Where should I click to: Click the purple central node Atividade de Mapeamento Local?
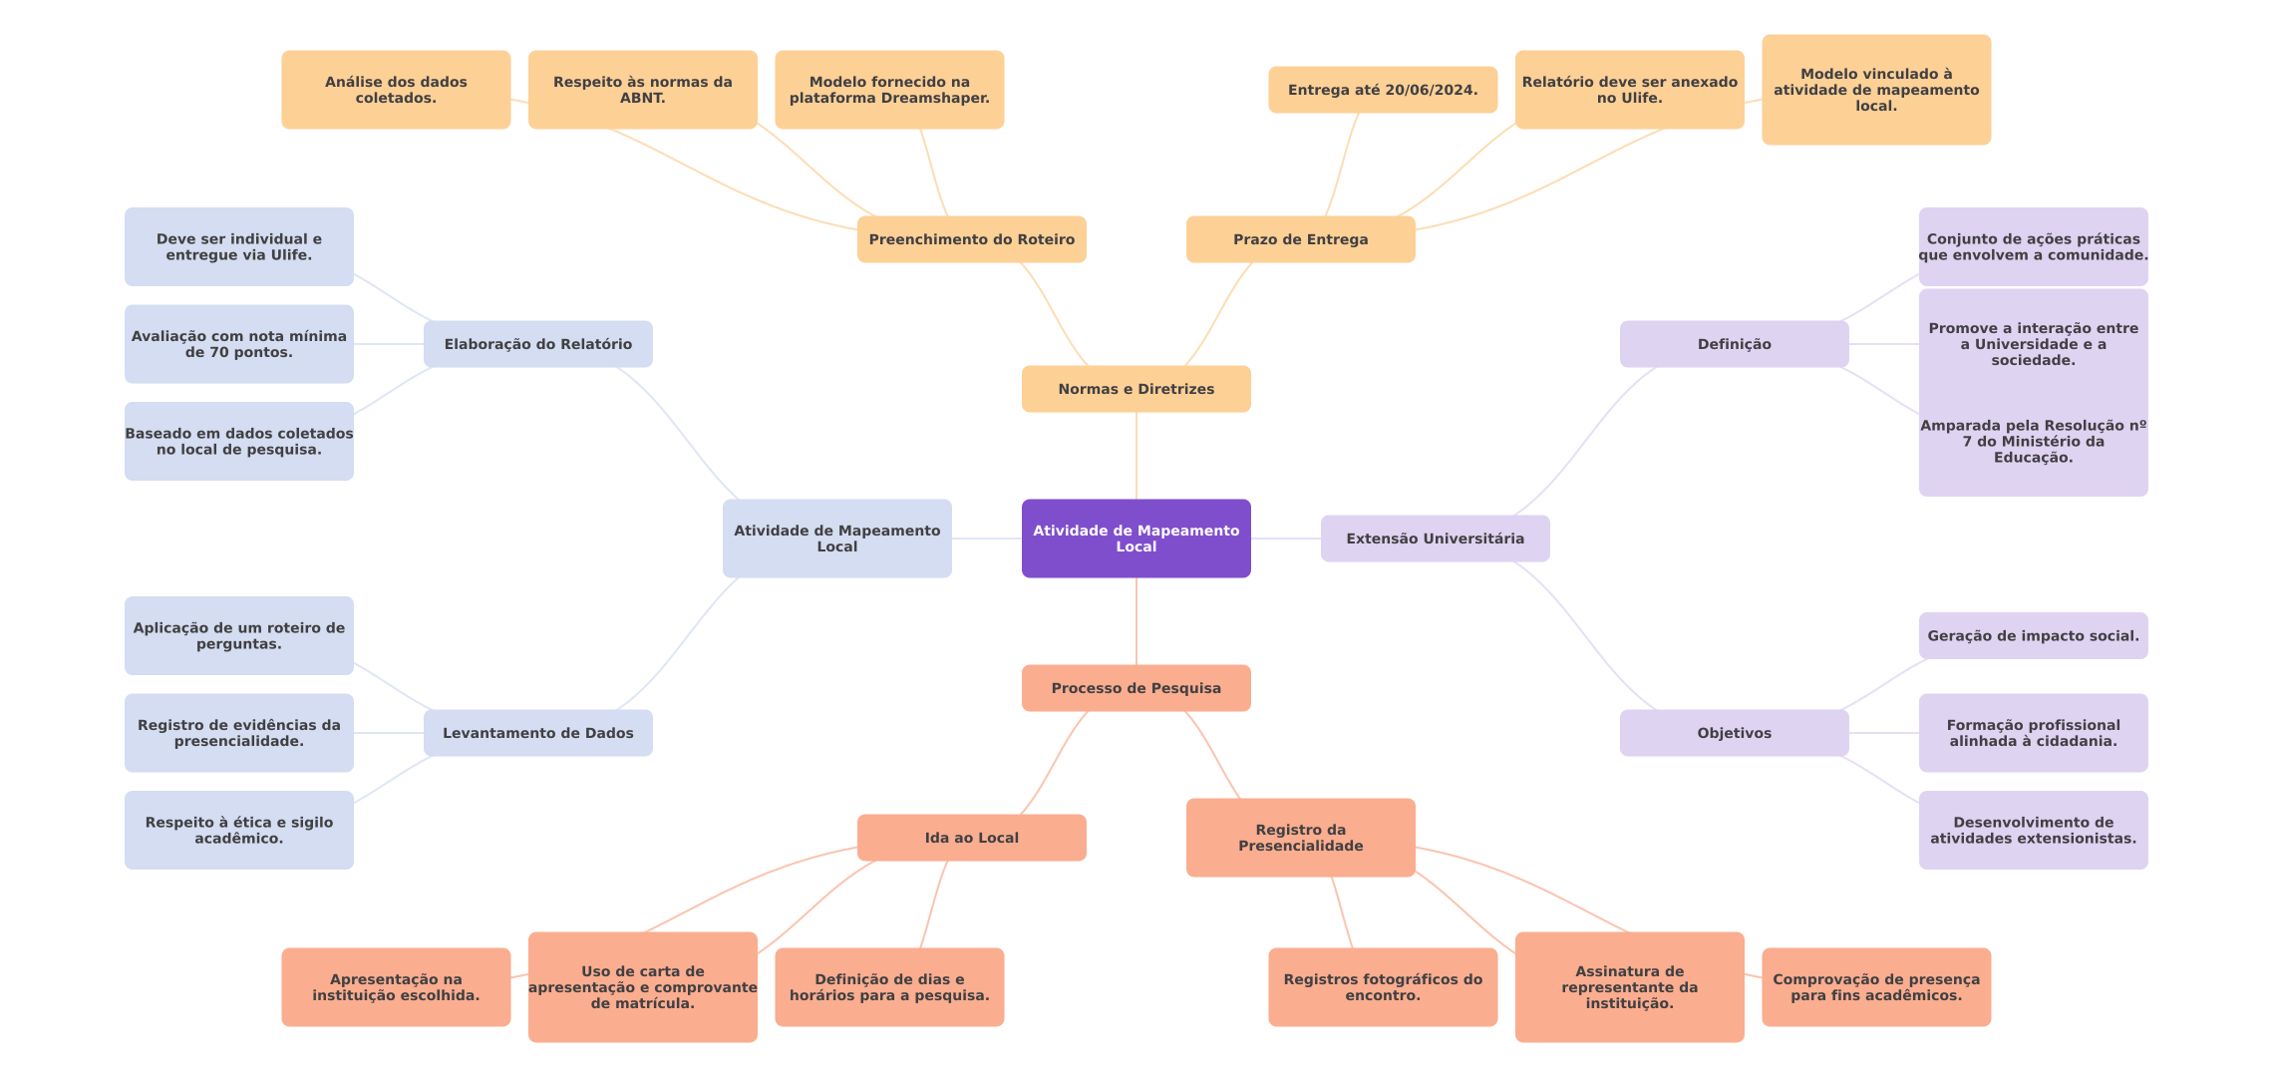(1136, 538)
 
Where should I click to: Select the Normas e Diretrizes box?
(1136, 389)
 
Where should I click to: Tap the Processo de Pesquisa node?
(1136, 688)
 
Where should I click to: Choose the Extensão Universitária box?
(1435, 538)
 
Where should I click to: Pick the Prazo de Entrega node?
(1300, 239)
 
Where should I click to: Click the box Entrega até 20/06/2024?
(1382, 90)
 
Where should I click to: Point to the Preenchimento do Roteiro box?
(971, 239)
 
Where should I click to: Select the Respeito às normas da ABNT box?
(642, 90)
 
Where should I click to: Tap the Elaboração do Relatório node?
(537, 344)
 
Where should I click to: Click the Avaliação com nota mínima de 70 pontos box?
(238, 344)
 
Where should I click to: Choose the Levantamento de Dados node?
(537, 733)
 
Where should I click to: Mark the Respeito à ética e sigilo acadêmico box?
(238, 830)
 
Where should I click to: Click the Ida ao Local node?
(971, 838)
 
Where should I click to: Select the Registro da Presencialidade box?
(1300, 838)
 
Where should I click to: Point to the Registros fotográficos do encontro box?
(1382, 987)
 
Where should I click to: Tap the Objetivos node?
(1734, 733)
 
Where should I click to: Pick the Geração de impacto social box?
(2033, 636)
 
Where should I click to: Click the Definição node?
(1734, 344)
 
